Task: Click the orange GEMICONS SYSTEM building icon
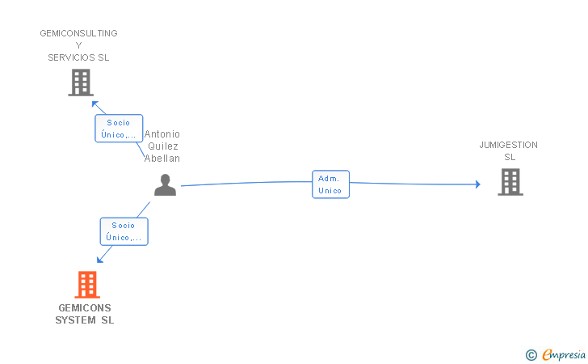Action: (87, 285)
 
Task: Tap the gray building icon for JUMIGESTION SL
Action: (510, 182)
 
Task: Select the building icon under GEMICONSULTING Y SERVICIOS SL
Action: (81, 83)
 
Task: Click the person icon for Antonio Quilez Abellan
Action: (165, 184)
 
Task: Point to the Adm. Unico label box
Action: (331, 184)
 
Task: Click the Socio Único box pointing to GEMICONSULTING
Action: (119, 129)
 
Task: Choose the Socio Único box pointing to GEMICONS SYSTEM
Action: (124, 231)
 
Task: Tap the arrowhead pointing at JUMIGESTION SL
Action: (478, 184)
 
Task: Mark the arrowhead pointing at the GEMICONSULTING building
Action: (94, 104)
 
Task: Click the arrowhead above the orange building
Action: (100, 260)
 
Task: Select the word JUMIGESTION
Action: (509, 145)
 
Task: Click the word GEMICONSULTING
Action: (79, 33)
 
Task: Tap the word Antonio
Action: (162, 134)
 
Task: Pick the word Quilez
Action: (163, 146)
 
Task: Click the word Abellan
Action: (162, 159)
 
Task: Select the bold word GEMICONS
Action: (85, 308)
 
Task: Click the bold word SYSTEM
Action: (75, 320)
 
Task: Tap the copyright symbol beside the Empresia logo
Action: (531, 354)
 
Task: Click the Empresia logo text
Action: (564, 354)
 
